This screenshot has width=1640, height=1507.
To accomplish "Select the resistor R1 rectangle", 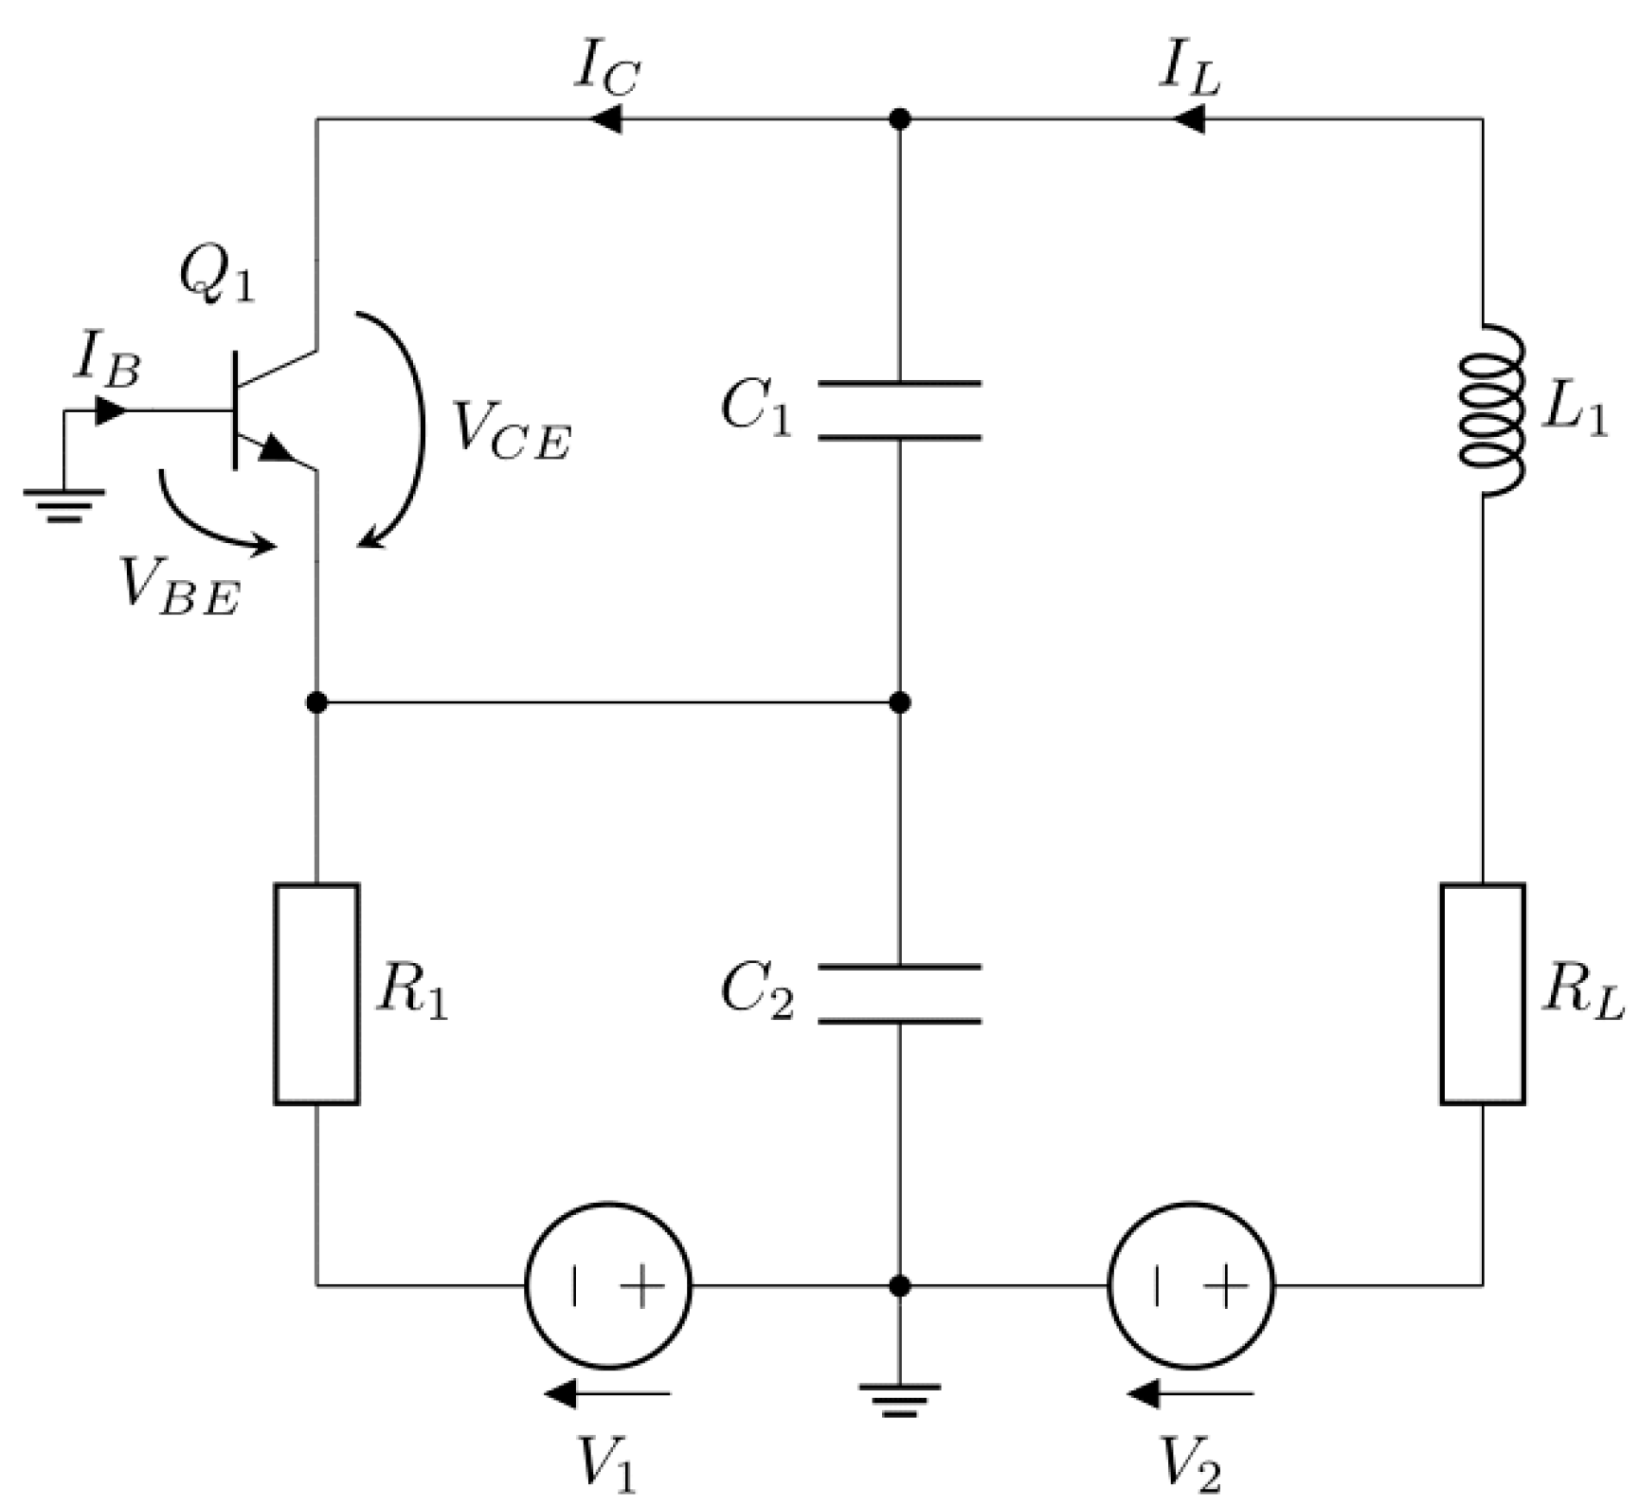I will pyautogui.click(x=316, y=993).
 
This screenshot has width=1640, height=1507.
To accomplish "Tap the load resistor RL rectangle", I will pyautogui.click(x=1483, y=993).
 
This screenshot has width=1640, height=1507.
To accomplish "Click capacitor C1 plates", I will pyautogui.click(x=899, y=410).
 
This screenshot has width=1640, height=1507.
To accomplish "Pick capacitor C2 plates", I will pyautogui.click(x=899, y=994).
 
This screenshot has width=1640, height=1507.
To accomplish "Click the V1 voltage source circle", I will pyautogui.click(x=608, y=1285).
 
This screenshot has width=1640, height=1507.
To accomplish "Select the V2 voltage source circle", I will pyautogui.click(x=1191, y=1285).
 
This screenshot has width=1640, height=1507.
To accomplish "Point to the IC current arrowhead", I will pyautogui.click(x=604, y=119).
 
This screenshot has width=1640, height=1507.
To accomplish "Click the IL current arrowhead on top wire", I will pyautogui.click(x=1187, y=119).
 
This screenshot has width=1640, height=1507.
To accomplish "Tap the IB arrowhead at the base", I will pyautogui.click(x=111, y=411).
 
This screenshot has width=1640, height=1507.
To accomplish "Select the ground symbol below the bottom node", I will pyautogui.click(x=899, y=1399).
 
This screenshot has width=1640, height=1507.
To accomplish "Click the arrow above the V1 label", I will pyautogui.click(x=607, y=1393).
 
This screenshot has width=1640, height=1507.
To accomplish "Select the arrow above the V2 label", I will pyautogui.click(x=1190, y=1393).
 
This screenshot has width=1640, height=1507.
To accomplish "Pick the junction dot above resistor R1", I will pyautogui.click(x=316, y=702).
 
